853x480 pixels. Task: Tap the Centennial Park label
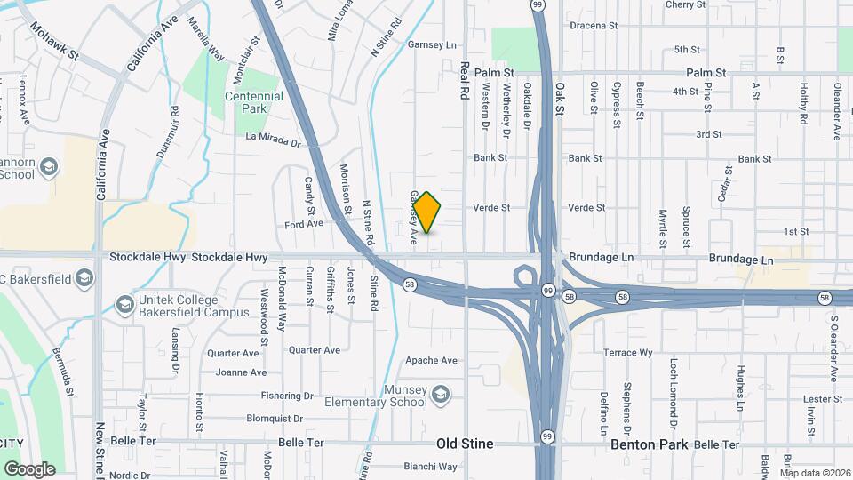tap(253, 102)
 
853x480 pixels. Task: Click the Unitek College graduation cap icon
tap(124, 306)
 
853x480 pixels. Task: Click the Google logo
tap(29, 468)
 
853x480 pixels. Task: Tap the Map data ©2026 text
tap(814, 473)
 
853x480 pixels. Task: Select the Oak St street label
tap(561, 100)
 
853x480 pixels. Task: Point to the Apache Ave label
tap(431, 360)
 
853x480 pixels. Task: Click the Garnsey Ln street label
tap(431, 44)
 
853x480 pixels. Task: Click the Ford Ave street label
tap(304, 224)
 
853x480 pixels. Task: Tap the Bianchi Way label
tap(430, 466)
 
